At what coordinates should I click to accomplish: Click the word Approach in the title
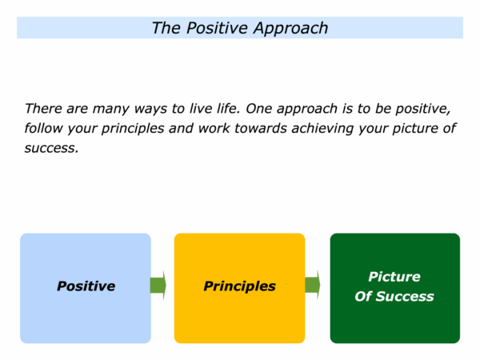pos(290,29)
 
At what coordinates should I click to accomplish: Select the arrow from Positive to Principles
pos(158,286)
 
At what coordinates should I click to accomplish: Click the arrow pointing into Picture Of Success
pos(313,285)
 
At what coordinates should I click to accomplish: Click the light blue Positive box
pos(86,288)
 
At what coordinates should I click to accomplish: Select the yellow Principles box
pos(239,288)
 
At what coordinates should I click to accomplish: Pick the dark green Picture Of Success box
pos(395,288)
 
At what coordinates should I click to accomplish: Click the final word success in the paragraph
pos(51,148)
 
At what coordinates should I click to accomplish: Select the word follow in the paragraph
pos(43,128)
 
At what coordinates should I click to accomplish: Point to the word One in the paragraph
pos(258,108)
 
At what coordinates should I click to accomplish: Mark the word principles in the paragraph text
pos(133,129)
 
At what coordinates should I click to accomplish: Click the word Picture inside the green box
pos(394,277)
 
